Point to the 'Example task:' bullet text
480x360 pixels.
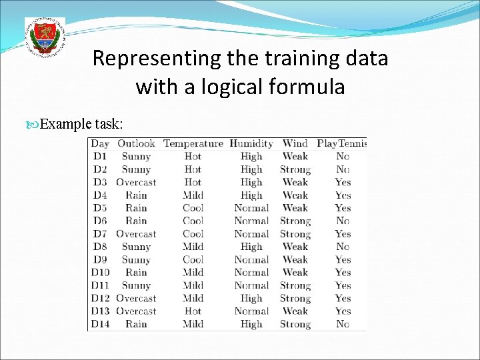pos(81,124)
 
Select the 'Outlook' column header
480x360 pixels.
pos(136,143)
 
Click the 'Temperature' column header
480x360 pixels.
pos(193,143)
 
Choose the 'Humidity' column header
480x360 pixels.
pos(251,143)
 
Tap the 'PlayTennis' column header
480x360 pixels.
pos(341,143)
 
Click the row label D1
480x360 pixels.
pos(100,157)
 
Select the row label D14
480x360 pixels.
pos(101,324)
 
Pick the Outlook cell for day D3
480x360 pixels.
pos(136,182)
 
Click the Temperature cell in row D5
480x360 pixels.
pos(193,208)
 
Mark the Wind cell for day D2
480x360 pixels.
pos(295,169)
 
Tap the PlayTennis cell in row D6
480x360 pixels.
pos(343,221)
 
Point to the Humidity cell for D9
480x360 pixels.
pos(251,259)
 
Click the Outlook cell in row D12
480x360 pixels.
pos(136,298)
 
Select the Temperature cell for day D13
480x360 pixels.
pos(193,311)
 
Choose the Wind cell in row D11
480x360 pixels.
pos(295,285)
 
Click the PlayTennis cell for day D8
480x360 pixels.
pos(343,247)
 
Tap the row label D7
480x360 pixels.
pos(100,234)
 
